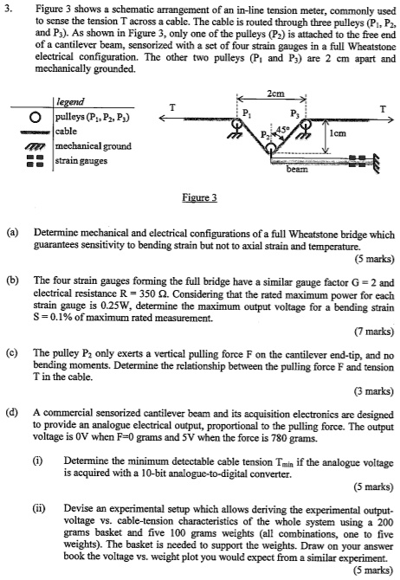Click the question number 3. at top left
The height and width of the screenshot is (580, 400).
tap(11, 8)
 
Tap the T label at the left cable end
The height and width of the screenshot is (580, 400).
tap(171, 106)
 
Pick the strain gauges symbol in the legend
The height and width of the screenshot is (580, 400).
tap(34, 160)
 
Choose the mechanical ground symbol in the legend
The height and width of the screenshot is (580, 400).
tap(34, 145)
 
